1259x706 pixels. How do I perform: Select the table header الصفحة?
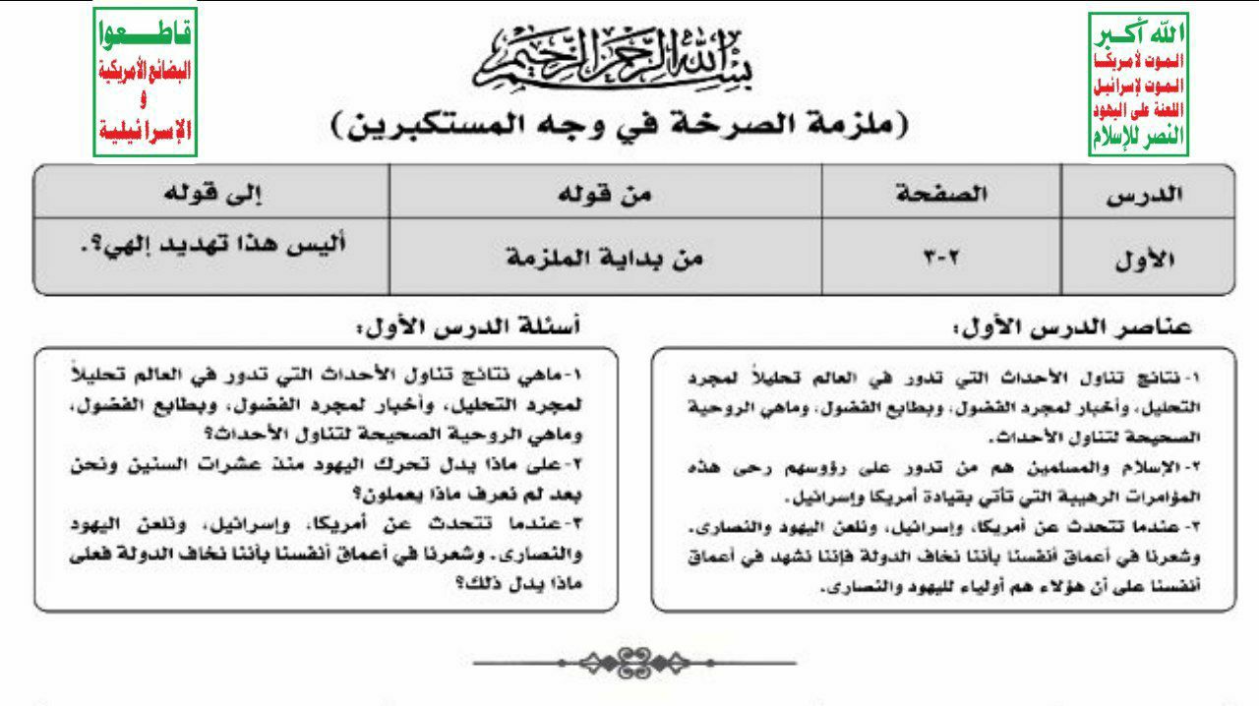click(941, 194)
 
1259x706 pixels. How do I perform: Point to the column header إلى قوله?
click(210, 194)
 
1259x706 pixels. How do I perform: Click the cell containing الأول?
click(1147, 261)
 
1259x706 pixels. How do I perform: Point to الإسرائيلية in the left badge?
click(145, 131)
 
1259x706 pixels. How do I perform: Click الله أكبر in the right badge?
click(1139, 35)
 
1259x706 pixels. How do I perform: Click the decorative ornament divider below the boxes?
click(633, 661)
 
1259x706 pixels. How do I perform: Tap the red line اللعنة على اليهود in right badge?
click(1139, 110)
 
